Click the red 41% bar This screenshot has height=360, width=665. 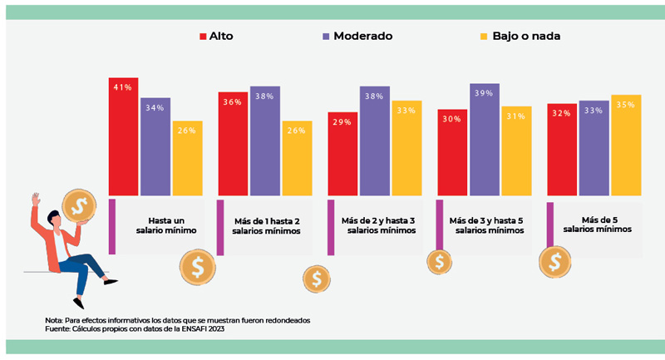pyautogui.click(x=123, y=136)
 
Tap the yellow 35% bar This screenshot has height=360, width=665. pyautogui.click(x=626, y=145)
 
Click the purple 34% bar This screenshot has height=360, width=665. pyautogui.click(x=155, y=147)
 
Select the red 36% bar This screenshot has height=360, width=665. pyautogui.click(x=232, y=143)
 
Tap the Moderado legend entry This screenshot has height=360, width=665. pyautogui.click(x=357, y=36)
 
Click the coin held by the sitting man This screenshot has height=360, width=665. pyautogui.click(x=81, y=205)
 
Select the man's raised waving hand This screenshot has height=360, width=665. pyautogui.click(x=35, y=200)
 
